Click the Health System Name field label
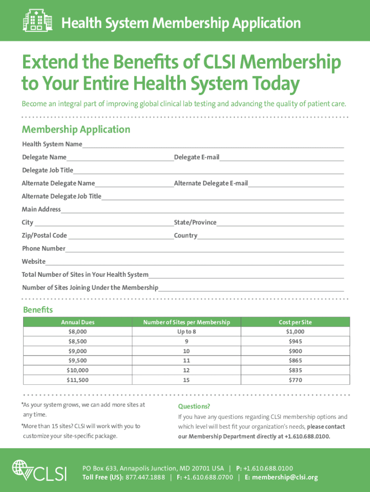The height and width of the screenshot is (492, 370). click(x=52, y=144)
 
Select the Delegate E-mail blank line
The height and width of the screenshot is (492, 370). click(x=282, y=158)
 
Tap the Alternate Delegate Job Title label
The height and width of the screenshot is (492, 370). click(x=62, y=196)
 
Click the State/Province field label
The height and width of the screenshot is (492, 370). click(x=195, y=222)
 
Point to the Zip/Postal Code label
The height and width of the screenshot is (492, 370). click(x=45, y=235)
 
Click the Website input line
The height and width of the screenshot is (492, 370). click(x=195, y=262)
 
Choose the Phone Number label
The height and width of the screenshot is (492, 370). click(x=44, y=248)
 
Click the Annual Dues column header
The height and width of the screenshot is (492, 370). click(x=78, y=322)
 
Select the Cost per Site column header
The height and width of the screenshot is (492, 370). click(x=296, y=322)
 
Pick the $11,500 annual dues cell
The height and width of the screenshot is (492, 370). click(x=78, y=380)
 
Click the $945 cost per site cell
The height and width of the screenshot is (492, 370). click(x=296, y=341)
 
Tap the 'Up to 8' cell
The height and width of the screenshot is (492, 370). click(x=186, y=332)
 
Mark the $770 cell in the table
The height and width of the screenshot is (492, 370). click(x=296, y=380)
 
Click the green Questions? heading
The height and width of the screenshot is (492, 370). click(x=194, y=406)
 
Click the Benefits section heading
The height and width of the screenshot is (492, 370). click(x=37, y=309)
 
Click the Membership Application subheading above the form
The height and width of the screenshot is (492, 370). click(x=76, y=129)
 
